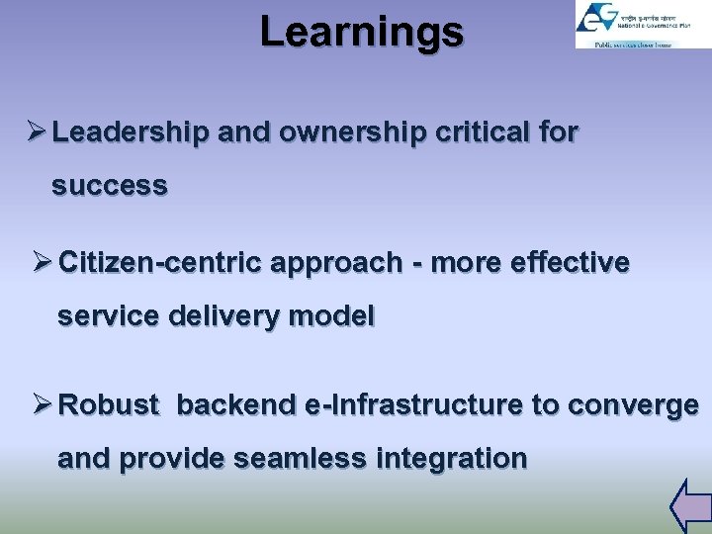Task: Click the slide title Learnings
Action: tap(361, 32)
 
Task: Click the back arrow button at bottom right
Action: tap(689, 505)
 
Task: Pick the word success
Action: tap(110, 186)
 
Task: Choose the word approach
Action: tap(339, 263)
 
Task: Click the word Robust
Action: tap(109, 405)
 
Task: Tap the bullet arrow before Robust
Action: tap(40, 405)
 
